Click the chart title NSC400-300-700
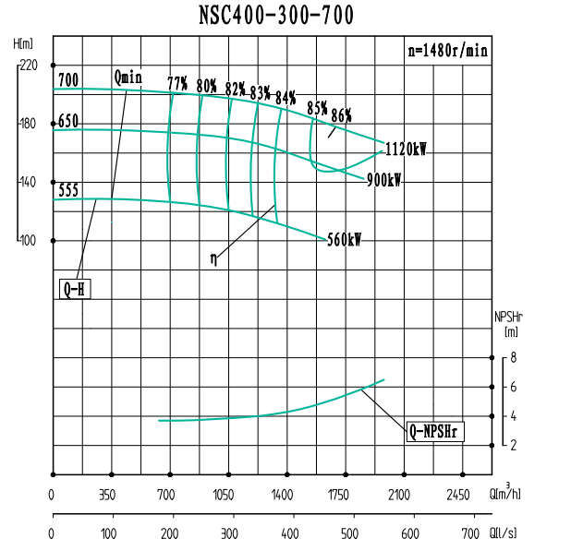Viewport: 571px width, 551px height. [275, 16]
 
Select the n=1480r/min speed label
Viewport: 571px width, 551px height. [447, 51]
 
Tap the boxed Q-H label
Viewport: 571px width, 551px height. [75, 289]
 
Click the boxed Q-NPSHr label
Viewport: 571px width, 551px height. [433, 430]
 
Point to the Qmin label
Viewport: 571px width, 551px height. [128, 77]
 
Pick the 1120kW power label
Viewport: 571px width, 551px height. [406, 150]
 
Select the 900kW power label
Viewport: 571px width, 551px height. [383, 180]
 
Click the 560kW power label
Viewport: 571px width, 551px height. [344, 239]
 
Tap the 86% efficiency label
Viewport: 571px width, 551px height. [341, 114]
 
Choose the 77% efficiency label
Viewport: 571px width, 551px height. [178, 84]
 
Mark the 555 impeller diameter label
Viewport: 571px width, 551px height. [68, 191]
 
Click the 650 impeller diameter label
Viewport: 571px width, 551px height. [68, 121]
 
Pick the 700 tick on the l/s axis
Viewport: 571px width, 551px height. [470, 533]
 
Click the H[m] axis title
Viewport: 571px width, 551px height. [23, 43]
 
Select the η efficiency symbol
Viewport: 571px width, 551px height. [213, 261]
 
